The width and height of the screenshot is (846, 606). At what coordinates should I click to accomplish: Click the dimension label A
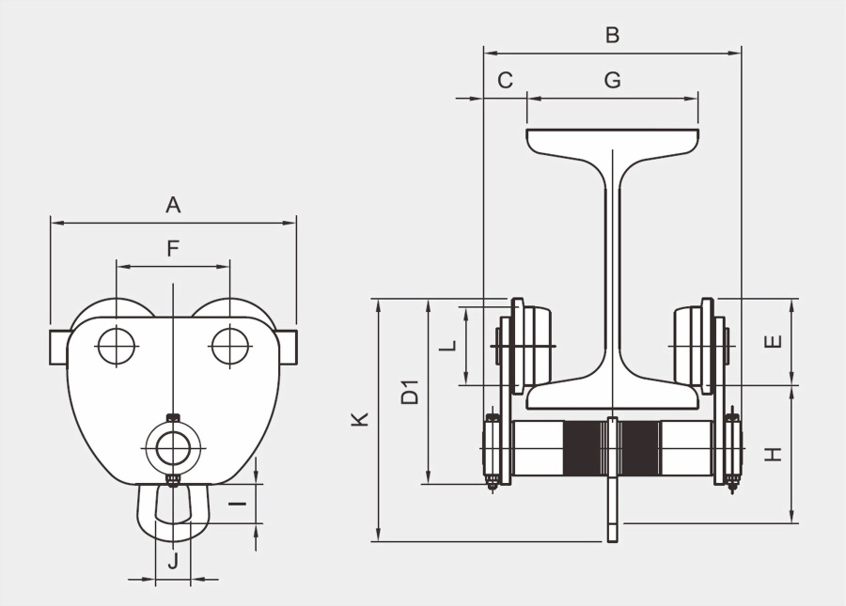tap(173, 204)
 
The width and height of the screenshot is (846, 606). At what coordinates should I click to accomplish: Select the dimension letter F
tap(173, 248)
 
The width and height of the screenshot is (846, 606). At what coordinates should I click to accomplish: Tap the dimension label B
tap(612, 36)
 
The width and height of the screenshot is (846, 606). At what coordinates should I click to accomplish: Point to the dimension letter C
tap(505, 81)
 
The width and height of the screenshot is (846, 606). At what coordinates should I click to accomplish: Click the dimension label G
tap(612, 81)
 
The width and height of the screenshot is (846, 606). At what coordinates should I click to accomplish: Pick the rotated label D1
tap(410, 392)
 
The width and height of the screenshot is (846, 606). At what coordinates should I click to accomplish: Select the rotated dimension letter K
tap(360, 419)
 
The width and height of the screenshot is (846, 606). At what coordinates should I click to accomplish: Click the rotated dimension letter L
tap(448, 345)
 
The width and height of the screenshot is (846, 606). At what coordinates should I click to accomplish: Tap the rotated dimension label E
tap(773, 341)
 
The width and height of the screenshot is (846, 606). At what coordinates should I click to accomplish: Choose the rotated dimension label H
tap(773, 454)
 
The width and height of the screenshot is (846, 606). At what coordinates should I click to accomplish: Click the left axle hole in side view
tap(116, 345)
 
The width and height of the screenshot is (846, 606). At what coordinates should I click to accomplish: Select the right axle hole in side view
tap(230, 345)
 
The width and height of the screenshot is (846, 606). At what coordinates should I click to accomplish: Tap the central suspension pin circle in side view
tap(173, 448)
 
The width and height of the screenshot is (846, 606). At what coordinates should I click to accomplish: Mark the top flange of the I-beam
tap(612, 140)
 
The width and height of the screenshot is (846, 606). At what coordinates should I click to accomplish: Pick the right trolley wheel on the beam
tap(693, 345)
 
